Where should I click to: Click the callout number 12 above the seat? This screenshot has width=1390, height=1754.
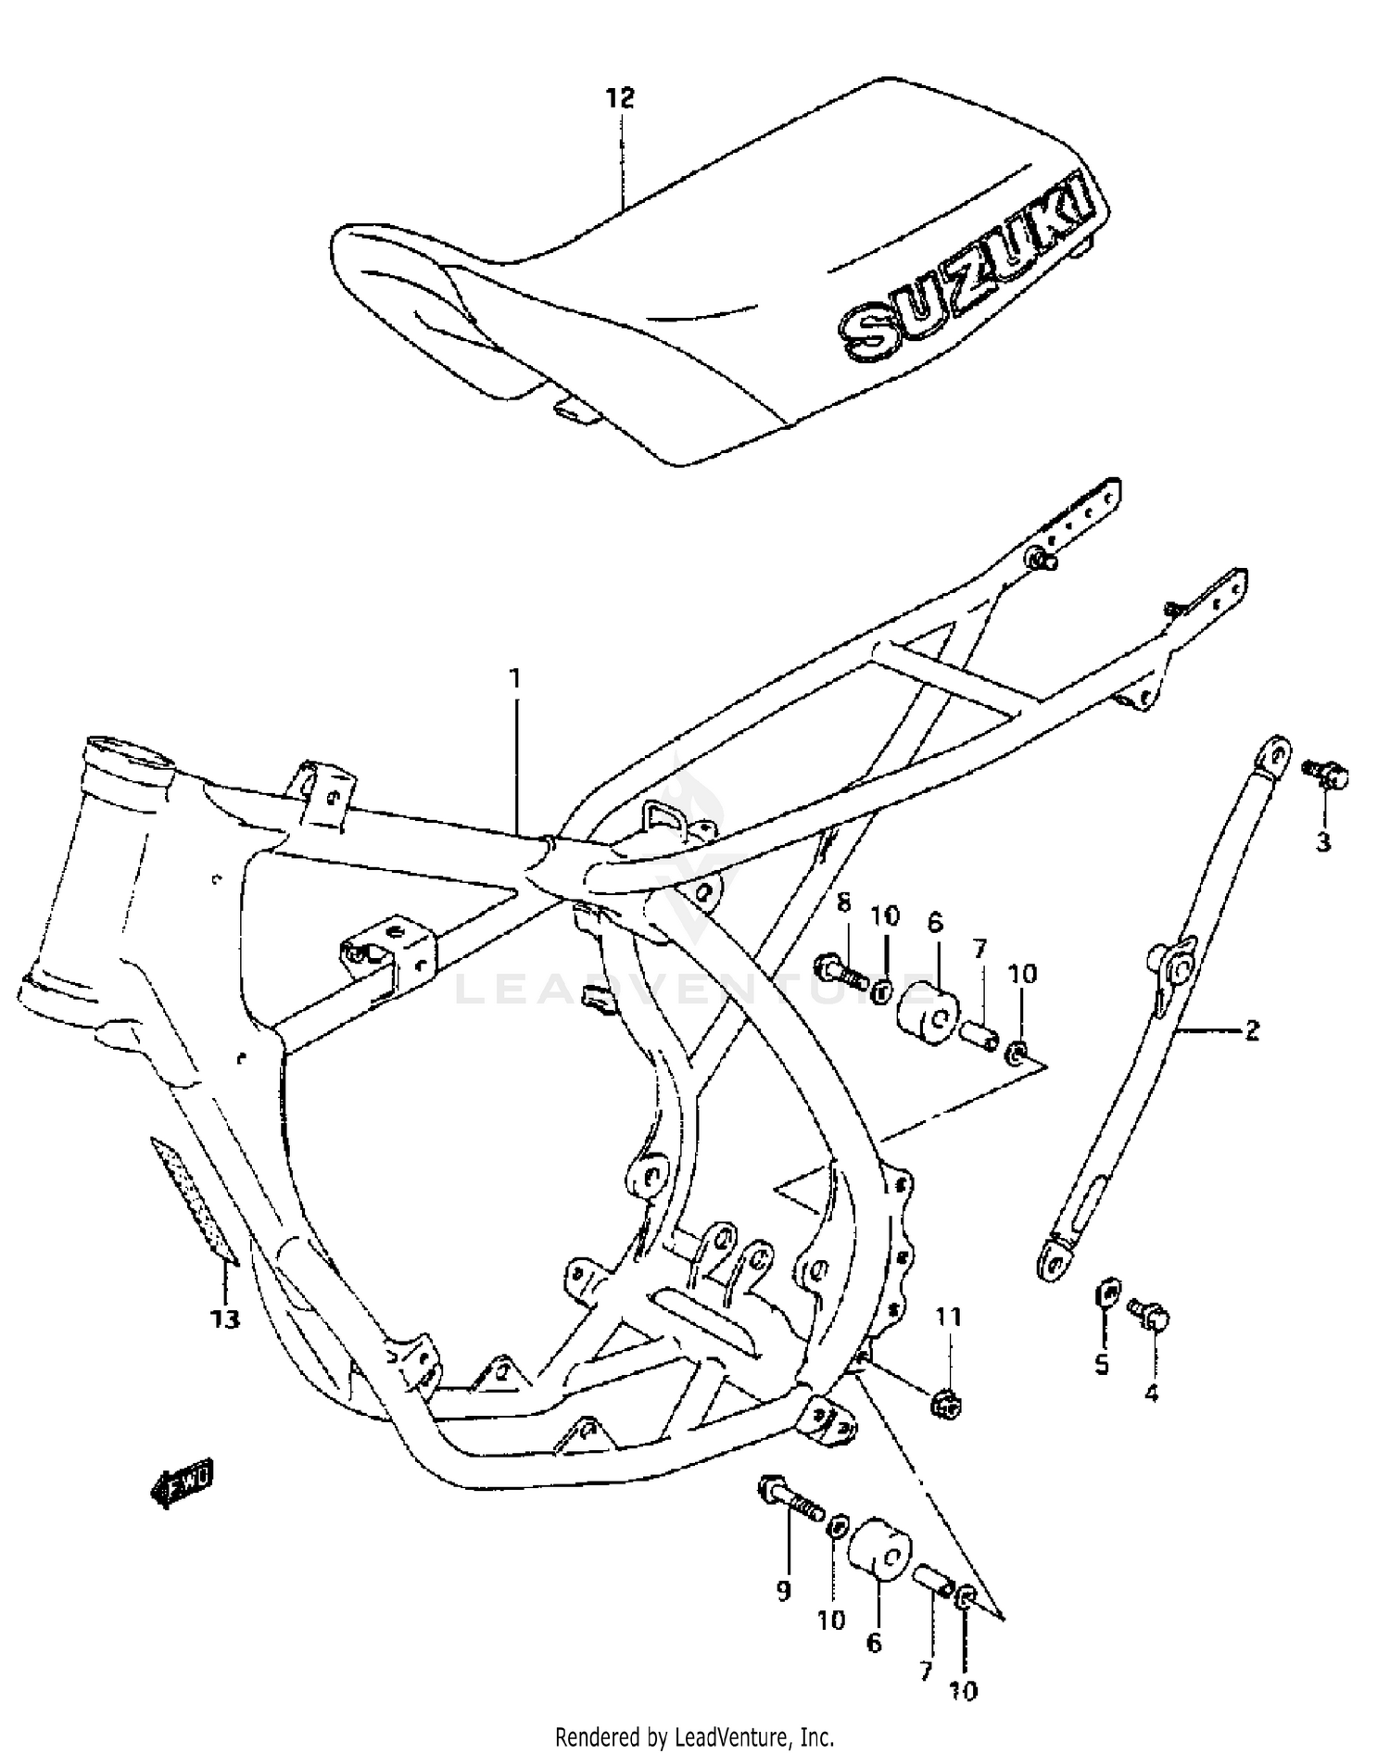pos(621,98)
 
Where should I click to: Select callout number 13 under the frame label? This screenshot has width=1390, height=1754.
pos(224,1319)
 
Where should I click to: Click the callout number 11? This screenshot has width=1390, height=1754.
pos(948,1317)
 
